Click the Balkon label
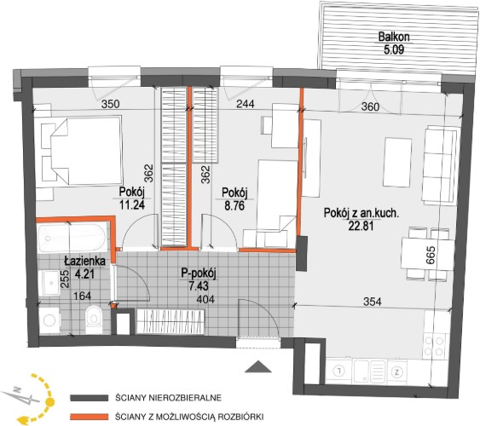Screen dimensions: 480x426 click(394, 37)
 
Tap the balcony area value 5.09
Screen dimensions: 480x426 click(394, 49)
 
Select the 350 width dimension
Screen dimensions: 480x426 click(110, 104)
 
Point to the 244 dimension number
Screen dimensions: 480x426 click(246, 104)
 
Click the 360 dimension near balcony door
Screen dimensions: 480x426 click(370, 106)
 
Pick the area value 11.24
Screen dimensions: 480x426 click(132, 204)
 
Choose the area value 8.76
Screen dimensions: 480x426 click(234, 205)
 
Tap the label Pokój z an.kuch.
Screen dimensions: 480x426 click(361, 213)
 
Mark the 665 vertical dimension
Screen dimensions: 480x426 click(430, 256)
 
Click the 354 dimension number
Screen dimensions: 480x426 click(373, 302)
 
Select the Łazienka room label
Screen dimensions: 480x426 click(84, 262)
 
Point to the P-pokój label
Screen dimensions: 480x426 click(199, 273)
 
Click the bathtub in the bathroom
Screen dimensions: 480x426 click(72, 238)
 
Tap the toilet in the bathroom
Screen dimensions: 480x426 click(94, 319)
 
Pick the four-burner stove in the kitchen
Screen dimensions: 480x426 click(435, 346)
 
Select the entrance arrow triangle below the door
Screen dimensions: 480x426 click(258, 366)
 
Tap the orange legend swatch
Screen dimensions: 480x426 click(89, 417)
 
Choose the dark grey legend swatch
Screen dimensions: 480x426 click(89, 398)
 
